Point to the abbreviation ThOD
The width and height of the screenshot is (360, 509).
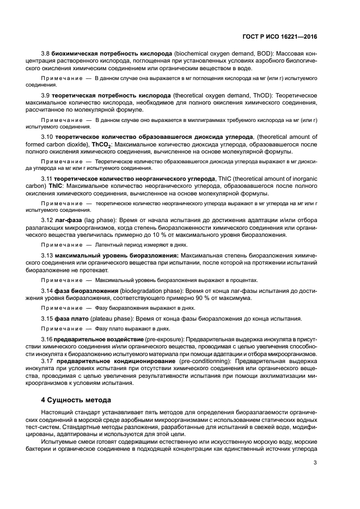(261, 96)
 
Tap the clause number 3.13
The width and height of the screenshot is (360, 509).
(47, 255)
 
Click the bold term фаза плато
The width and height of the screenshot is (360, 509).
(73, 318)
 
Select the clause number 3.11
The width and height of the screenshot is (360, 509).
(47, 178)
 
